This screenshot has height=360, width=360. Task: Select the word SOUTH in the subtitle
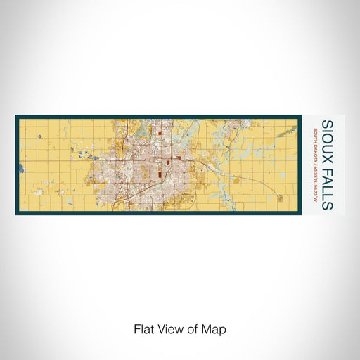[x=315, y=136]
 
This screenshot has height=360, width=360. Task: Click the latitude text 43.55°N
[x=315, y=175]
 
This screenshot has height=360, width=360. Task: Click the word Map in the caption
[x=217, y=329]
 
